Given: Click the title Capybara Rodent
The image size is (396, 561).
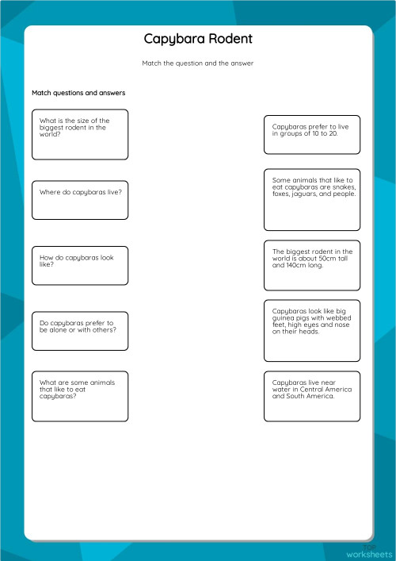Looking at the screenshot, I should [x=198, y=39].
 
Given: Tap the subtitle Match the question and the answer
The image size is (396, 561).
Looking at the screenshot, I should [x=198, y=63].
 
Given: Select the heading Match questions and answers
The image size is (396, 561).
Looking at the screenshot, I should [x=78, y=93].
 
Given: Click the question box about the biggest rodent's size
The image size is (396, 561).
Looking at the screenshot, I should [x=79, y=134].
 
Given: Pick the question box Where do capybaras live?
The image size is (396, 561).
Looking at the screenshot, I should [x=79, y=199].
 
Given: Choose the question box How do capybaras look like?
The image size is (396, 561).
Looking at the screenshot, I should [x=79, y=264].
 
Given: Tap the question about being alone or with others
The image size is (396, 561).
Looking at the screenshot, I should [x=79, y=330].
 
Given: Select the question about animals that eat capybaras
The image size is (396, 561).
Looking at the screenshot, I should [x=79, y=395].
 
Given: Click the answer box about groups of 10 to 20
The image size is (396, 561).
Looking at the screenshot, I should [x=311, y=134].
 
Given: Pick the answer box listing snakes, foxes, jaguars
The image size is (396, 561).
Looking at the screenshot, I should [x=311, y=198].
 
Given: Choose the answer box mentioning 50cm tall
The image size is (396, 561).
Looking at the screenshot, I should [x=311, y=265].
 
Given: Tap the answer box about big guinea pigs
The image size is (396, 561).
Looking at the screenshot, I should [x=311, y=330].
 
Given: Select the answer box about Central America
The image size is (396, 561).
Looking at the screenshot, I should [x=311, y=395].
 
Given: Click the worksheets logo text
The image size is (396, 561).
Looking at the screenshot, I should [x=368, y=553].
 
